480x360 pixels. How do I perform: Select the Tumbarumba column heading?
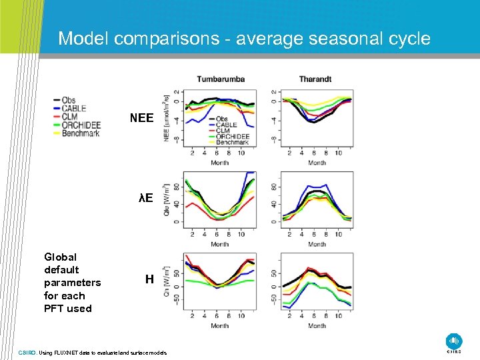[220, 79]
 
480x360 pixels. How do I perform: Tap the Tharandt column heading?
[315, 79]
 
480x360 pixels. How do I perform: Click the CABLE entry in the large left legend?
[73, 109]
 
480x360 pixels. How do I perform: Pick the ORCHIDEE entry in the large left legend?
[81, 125]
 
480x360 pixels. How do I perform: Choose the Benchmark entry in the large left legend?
[81, 133]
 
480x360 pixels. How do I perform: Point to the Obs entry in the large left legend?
[69, 101]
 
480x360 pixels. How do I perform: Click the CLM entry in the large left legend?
[69, 117]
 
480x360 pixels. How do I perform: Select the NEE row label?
[141, 118]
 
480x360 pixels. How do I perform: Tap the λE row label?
[145, 198]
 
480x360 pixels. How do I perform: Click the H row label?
[149, 279]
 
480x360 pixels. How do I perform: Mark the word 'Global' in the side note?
[60, 257]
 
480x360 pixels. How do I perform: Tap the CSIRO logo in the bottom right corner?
[454, 341]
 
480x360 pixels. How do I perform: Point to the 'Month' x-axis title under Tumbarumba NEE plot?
[219, 163]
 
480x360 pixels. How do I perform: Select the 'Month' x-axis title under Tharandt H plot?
[317, 326]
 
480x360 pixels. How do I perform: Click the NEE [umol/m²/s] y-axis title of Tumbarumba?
[166, 118]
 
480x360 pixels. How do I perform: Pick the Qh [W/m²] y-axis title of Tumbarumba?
[166, 282]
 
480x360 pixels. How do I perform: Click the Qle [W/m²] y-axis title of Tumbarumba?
[166, 199]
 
